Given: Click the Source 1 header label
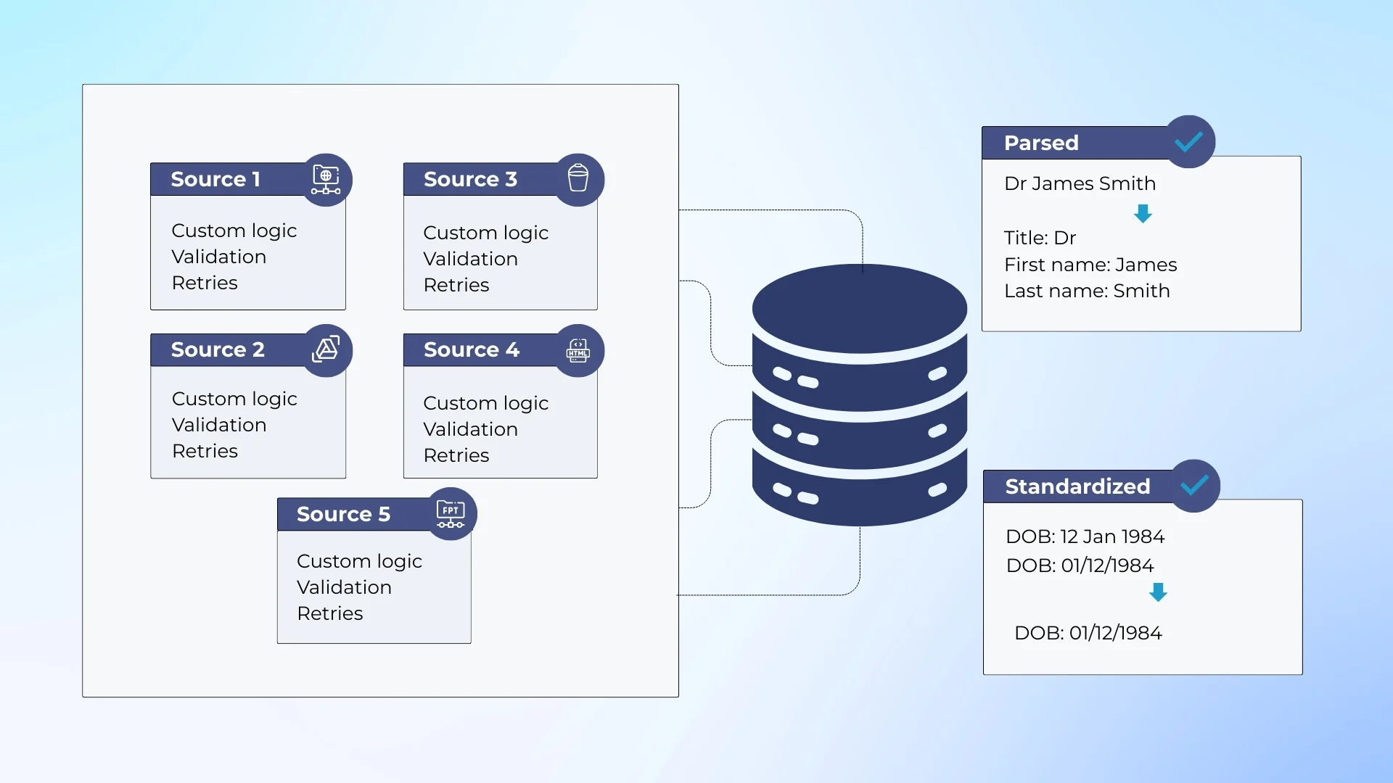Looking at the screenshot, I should click(215, 179).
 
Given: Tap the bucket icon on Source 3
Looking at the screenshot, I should click(578, 178).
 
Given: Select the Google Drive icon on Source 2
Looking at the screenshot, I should click(326, 349).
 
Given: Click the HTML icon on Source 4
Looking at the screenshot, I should click(578, 350).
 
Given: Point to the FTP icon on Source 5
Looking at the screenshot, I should click(451, 513).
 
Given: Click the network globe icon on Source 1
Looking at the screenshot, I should click(326, 179).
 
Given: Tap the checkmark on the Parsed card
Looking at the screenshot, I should click(1189, 142).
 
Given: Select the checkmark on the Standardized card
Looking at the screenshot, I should click(1194, 485).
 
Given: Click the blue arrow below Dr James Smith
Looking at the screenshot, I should click(1143, 213).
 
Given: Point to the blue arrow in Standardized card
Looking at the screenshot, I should click(1158, 592).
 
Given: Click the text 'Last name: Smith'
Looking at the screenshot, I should click(1086, 291).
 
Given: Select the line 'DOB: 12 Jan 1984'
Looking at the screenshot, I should click(1085, 536).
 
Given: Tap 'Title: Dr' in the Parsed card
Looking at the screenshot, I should click(1040, 238).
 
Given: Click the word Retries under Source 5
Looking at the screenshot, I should click(329, 613).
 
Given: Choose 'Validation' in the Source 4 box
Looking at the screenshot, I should click(470, 429).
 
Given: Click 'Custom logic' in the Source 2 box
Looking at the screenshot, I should click(234, 399).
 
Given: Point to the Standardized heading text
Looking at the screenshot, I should click(1077, 486).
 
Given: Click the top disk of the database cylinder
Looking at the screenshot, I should click(860, 308).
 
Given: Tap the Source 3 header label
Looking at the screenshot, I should click(470, 179).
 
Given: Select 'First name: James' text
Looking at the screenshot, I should click(1090, 265).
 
